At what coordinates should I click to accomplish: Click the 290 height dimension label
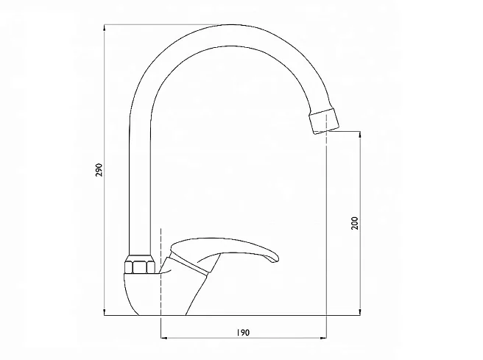(99, 169)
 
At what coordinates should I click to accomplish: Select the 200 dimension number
(355, 223)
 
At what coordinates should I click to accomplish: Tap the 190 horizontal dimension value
(244, 333)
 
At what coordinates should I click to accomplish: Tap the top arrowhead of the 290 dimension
(105, 28)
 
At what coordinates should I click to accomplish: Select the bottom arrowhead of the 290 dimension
(105, 311)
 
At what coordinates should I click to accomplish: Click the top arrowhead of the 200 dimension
(360, 135)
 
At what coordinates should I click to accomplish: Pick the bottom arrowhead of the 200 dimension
(360, 311)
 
